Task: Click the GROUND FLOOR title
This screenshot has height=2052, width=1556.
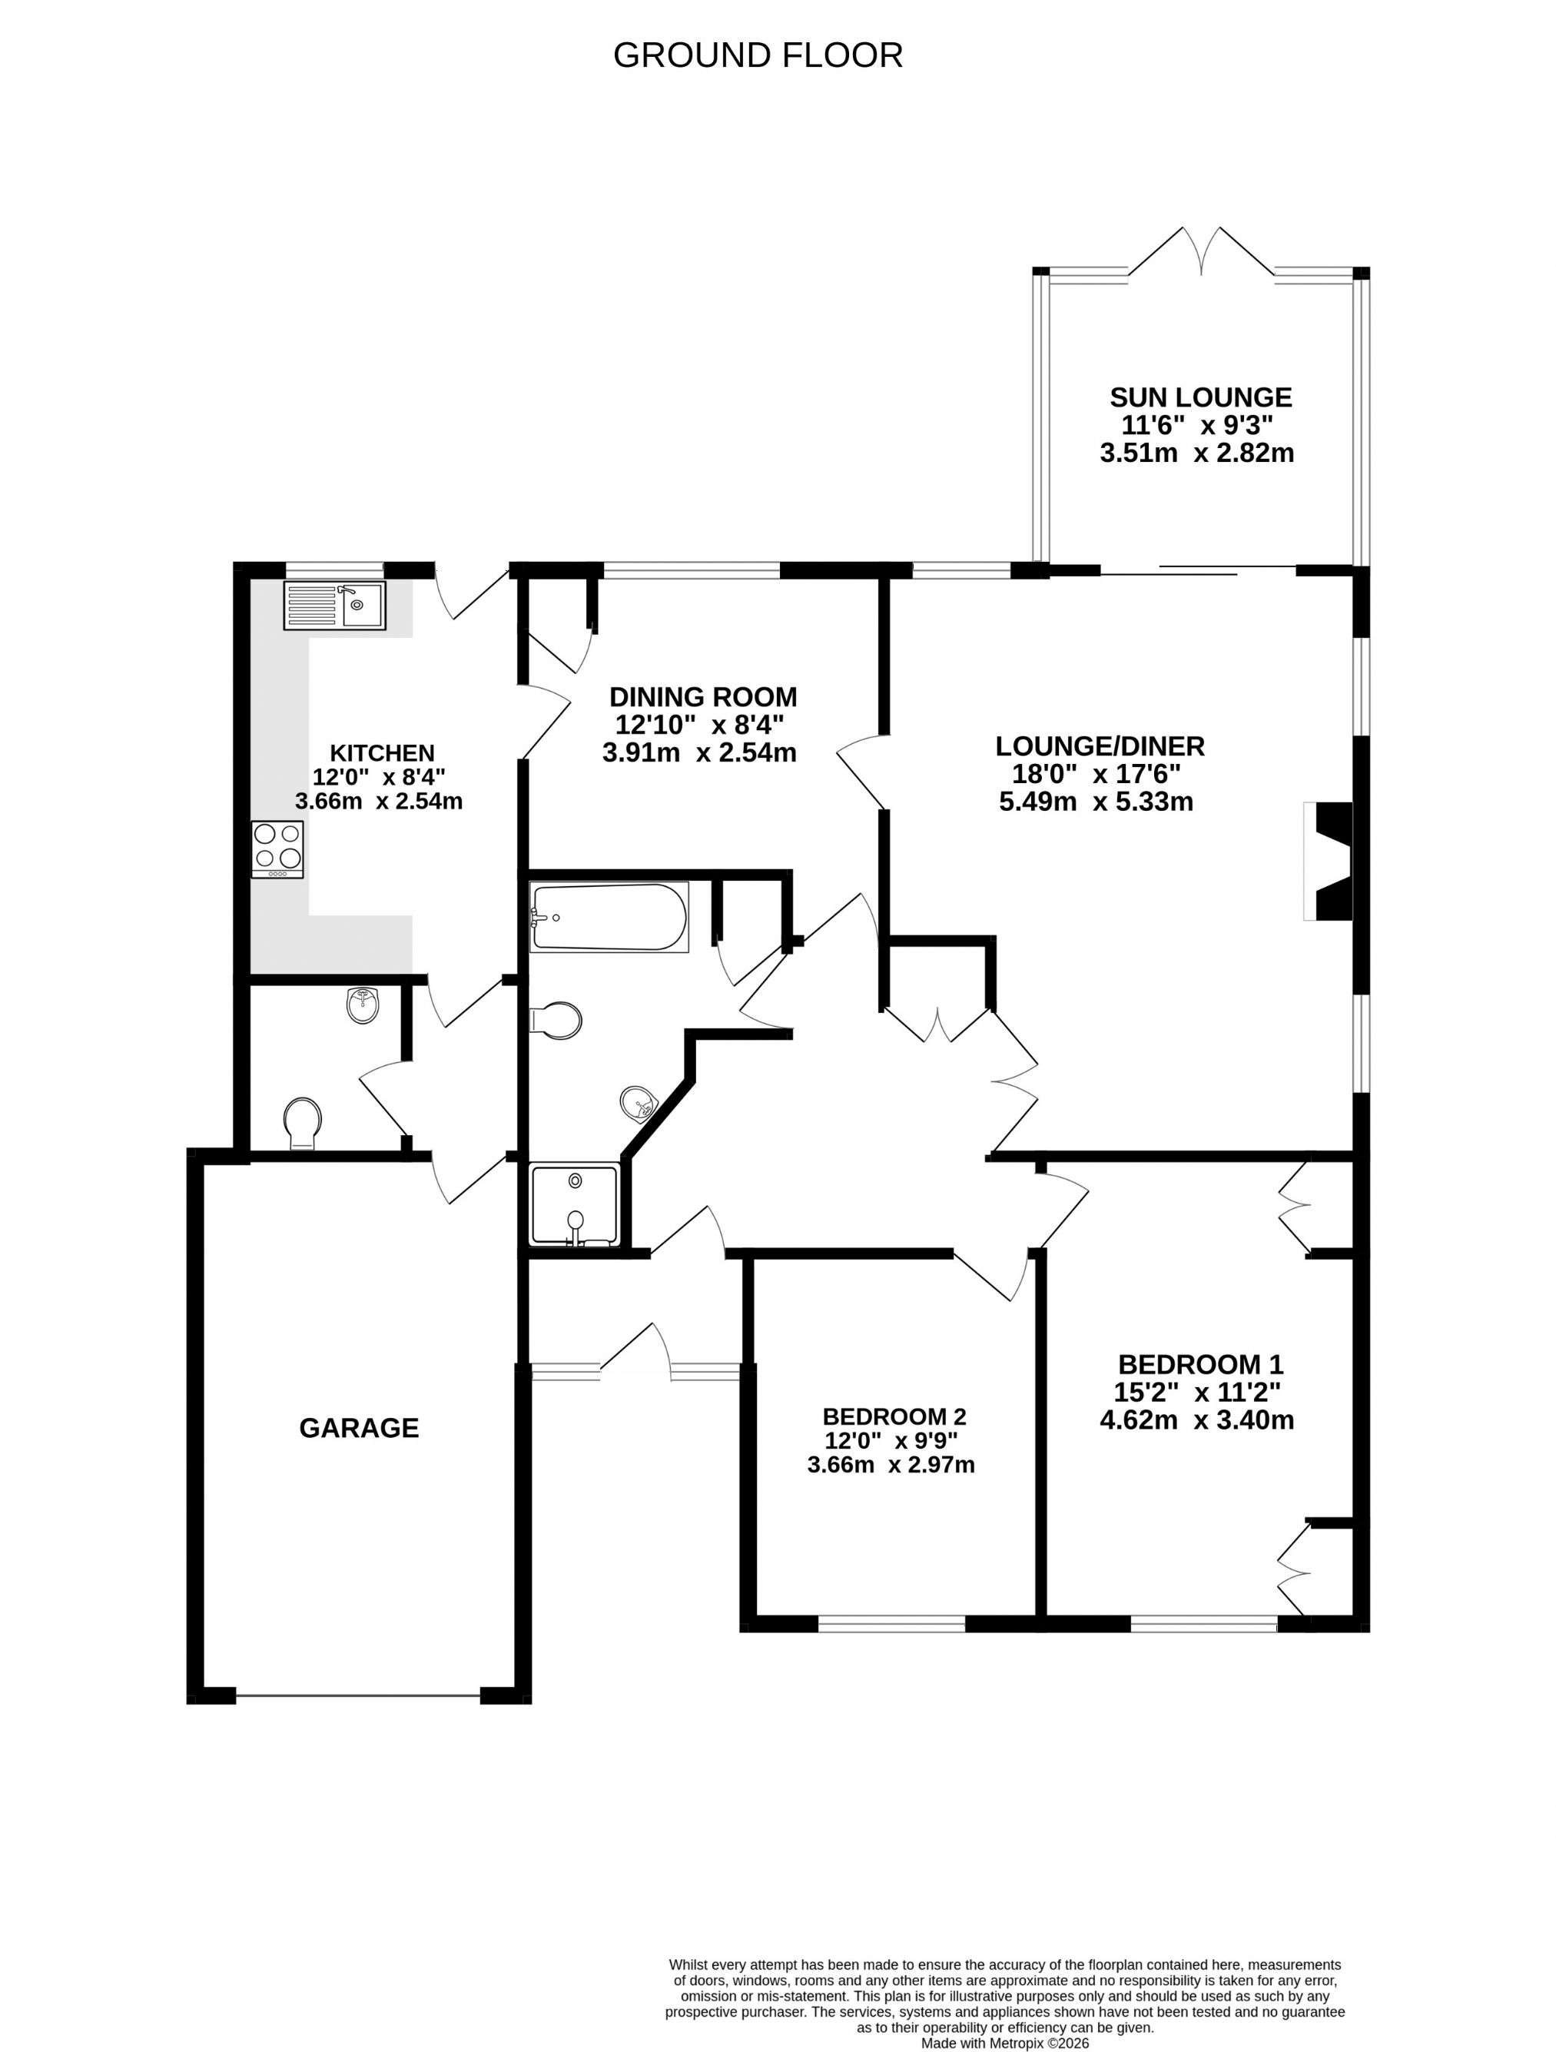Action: point(758,55)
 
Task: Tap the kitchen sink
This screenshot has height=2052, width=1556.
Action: point(333,606)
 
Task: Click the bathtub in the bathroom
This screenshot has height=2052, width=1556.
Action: point(609,917)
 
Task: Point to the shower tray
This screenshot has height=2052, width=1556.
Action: point(574,1204)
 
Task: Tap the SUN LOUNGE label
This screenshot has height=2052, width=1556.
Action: point(1200,397)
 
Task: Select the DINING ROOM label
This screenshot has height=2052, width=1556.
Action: point(703,696)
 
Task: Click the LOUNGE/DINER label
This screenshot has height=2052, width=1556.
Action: point(1100,745)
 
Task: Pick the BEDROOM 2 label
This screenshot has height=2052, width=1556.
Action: point(894,1416)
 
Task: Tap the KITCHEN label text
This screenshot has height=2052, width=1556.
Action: point(383,752)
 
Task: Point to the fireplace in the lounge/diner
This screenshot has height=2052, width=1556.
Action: point(1328,861)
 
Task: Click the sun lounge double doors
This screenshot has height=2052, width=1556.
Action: point(1201,251)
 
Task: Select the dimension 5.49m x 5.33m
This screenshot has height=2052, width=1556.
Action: point(1096,802)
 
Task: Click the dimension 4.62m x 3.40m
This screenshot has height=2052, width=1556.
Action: point(1196,1419)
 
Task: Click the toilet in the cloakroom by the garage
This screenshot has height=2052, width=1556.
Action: point(302,1124)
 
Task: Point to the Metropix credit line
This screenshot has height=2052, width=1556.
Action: point(1004,2043)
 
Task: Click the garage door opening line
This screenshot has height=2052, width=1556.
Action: point(358,1698)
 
